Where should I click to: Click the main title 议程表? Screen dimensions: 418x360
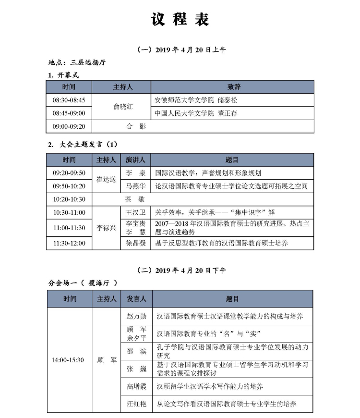pos(180,20)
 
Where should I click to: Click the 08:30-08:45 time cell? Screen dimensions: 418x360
pos(69,100)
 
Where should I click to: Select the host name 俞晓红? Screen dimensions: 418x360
pos(121,107)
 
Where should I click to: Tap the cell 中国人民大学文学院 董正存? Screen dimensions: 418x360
pos(196,113)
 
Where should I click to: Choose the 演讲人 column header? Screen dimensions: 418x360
pos(135,160)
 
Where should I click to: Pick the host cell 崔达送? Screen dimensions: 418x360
pos(106,180)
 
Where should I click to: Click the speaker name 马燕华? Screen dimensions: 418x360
pos(135,186)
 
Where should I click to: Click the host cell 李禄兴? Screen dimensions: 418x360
pos(106,228)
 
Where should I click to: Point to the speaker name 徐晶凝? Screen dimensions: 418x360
pos(135,243)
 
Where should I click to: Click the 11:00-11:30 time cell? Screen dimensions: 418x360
pos(69,228)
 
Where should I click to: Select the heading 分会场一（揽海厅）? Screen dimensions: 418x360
pos(83,283)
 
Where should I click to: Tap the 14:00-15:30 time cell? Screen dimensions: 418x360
pos(68,360)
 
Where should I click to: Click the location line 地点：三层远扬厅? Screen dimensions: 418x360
pos(76,62)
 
